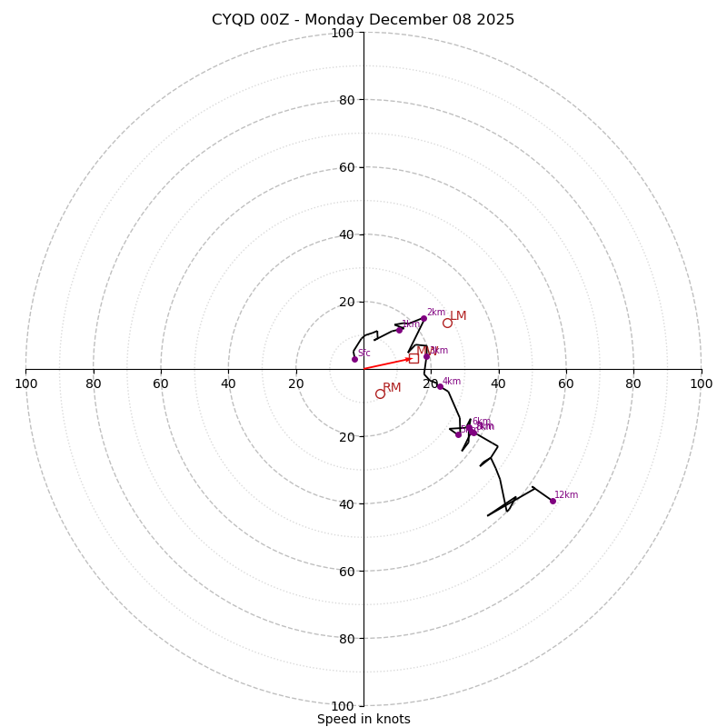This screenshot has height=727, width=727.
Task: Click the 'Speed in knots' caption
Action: (x=363, y=719)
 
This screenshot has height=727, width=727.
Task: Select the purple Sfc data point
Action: (x=354, y=359)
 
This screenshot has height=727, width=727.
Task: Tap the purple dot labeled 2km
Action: (x=423, y=319)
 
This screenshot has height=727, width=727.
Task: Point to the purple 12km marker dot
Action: (x=553, y=501)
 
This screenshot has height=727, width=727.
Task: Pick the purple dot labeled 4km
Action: (x=440, y=386)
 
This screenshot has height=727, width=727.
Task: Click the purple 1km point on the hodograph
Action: (x=399, y=330)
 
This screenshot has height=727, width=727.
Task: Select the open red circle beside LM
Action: (x=447, y=323)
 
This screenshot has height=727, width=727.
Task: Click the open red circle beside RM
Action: (x=380, y=393)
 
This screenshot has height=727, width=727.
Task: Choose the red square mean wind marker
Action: (x=413, y=358)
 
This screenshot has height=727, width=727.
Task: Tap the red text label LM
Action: (x=458, y=316)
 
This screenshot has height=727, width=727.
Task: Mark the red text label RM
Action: (x=392, y=388)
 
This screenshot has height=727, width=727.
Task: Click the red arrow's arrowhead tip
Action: (x=412, y=358)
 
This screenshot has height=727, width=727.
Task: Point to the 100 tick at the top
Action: (x=343, y=33)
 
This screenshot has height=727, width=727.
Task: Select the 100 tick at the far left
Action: (x=25, y=383)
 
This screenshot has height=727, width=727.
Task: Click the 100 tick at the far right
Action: (x=701, y=383)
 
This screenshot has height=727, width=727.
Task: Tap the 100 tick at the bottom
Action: (x=343, y=705)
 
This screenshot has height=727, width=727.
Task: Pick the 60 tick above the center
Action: (x=345, y=167)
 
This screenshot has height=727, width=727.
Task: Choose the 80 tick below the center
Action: (x=345, y=638)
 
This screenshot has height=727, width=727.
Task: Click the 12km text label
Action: (x=566, y=495)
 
